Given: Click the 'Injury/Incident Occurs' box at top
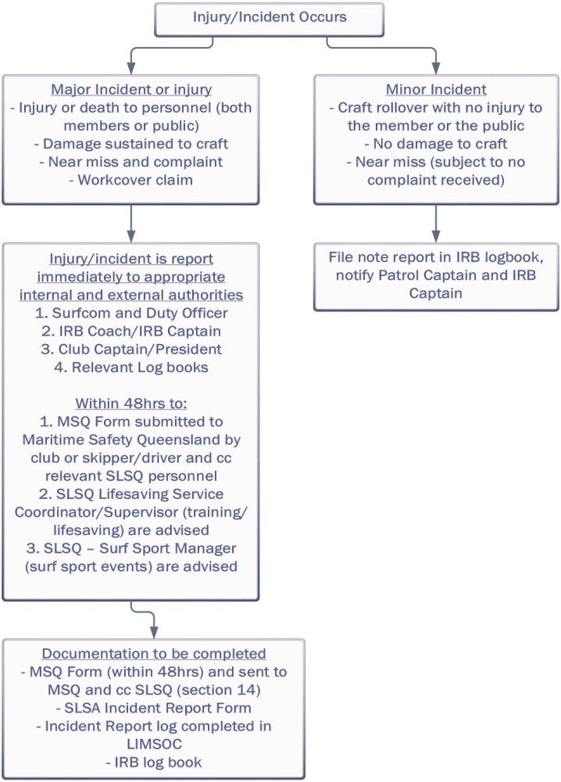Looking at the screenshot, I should pos(270,16).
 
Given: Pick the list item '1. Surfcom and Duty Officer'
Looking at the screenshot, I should pos(130,314).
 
